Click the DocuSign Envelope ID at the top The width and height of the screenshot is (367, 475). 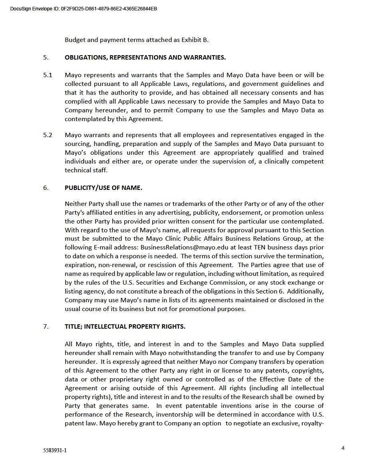coord(84,9)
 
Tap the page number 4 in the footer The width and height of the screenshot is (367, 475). coord(343,448)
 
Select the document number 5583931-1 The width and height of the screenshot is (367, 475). coord(55,450)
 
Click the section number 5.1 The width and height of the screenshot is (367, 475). coord(48,75)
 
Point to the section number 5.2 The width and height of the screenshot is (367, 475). coord(48,135)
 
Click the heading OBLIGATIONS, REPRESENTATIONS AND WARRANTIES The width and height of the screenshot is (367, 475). coord(145,58)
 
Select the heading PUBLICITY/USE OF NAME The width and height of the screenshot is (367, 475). coord(104,188)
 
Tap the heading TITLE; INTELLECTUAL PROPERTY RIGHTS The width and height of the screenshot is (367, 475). coord(125,327)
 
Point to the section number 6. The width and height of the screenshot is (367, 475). coord(46,188)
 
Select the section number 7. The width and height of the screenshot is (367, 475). coord(46,327)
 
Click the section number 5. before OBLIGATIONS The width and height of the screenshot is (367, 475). coord(46,58)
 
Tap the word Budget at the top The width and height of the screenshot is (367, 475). coord(75,40)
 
